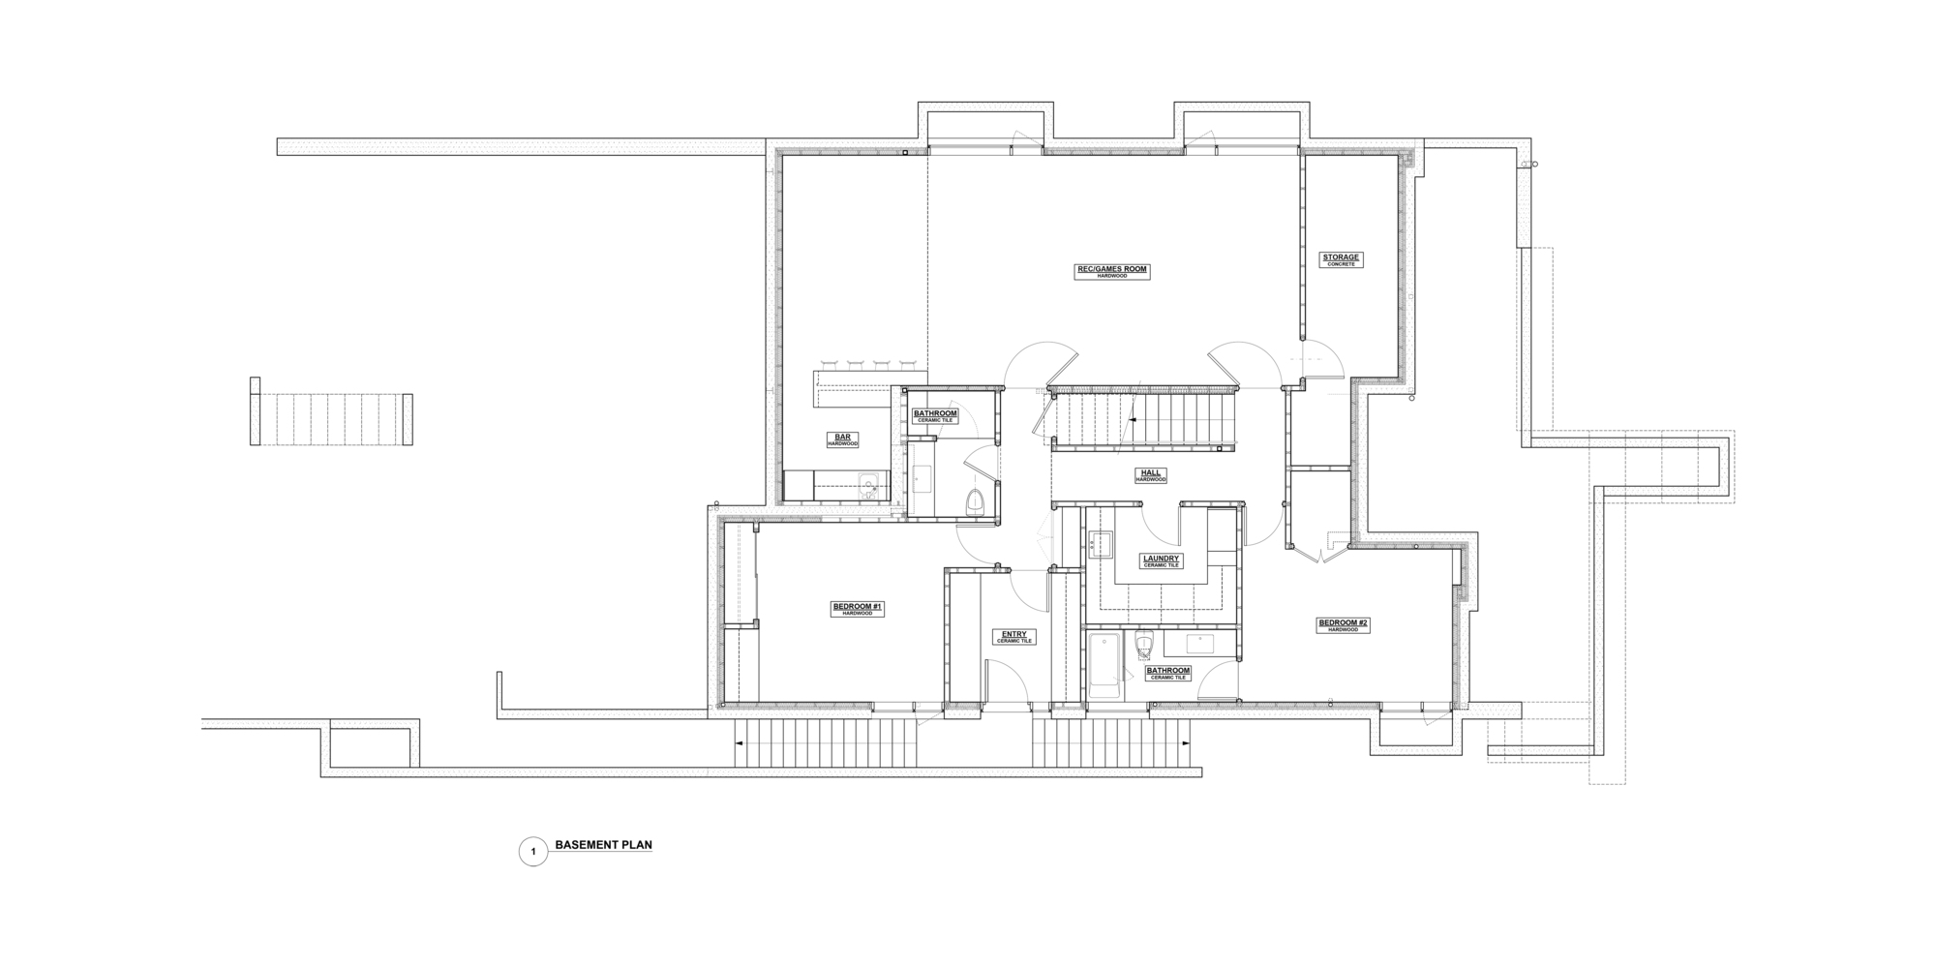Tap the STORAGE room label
click(1341, 257)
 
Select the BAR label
click(842, 438)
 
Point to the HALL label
click(1151, 472)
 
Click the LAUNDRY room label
click(1161, 559)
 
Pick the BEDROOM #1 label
click(857, 607)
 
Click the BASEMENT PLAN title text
click(603, 845)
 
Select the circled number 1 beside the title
click(532, 852)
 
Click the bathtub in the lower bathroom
click(1104, 665)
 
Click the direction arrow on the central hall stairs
click(1134, 419)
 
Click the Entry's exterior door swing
click(1007, 682)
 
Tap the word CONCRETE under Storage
click(1341, 264)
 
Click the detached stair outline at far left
click(331, 418)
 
